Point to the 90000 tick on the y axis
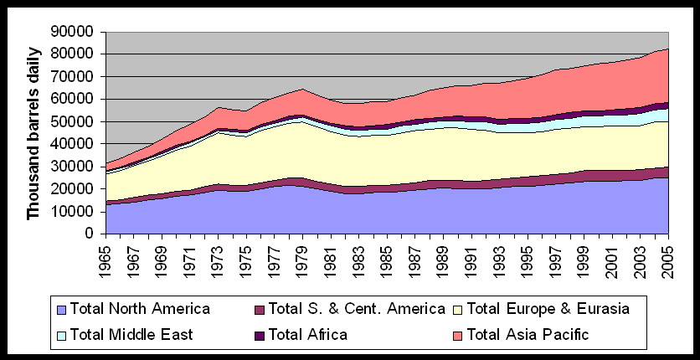coord(78,32)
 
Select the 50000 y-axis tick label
coord(78,121)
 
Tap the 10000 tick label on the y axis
coord(78,212)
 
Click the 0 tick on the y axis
coord(92,234)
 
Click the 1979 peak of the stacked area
coord(301,89)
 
